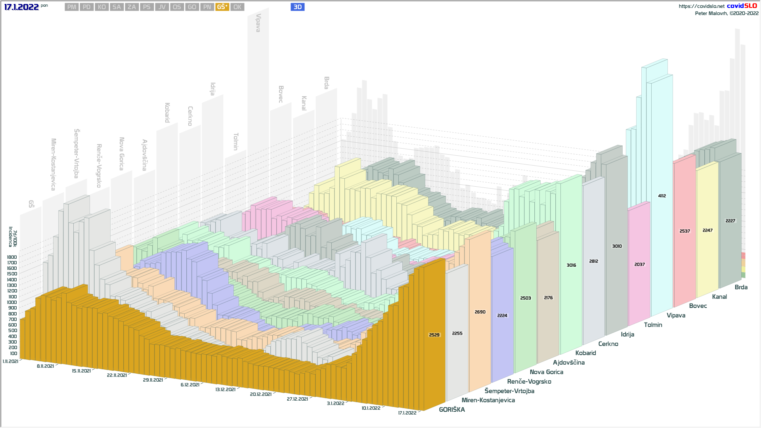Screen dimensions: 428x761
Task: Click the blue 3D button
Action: tap(297, 7)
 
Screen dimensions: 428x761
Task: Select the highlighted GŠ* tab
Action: tap(222, 7)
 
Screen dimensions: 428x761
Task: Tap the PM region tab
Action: tap(72, 7)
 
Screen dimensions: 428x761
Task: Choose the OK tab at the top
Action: tap(237, 7)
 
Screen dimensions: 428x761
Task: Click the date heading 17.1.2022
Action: tap(21, 7)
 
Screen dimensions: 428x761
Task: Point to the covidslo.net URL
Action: tap(701, 6)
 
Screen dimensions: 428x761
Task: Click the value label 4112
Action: tap(662, 196)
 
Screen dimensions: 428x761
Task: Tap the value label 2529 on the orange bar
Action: tap(434, 335)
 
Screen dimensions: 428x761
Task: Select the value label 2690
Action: tap(480, 312)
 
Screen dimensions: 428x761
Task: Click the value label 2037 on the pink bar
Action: tap(639, 264)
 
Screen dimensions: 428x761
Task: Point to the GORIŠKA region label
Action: tap(452, 410)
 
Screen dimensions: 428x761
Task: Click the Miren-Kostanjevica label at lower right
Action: tap(488, 400)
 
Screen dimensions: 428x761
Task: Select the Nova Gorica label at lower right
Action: tap(546, 372)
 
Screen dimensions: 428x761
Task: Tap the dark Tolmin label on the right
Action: tap(653, 325)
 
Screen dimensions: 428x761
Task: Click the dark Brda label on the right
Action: tap(741, 287)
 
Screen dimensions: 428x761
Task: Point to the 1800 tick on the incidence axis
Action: tap(12, 257)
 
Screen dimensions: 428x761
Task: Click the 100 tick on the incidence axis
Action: tap(13, 353)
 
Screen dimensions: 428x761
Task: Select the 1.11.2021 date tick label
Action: tap(10, 361)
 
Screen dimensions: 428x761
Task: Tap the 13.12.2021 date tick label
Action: tap(225, 390)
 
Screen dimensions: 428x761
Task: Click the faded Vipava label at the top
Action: tap(258, 23)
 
